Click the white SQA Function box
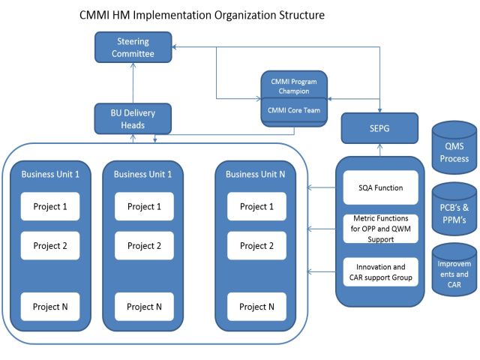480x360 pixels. tap(379, 188)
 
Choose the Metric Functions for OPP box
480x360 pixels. tap(379, 227)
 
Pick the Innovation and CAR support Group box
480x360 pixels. tap(379, 272)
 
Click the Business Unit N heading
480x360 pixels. tap(256, 174)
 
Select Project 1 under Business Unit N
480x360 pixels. tap(256, 206)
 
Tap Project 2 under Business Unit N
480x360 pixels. tap(256, 245)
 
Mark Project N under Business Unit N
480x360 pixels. tap(256, 306)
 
